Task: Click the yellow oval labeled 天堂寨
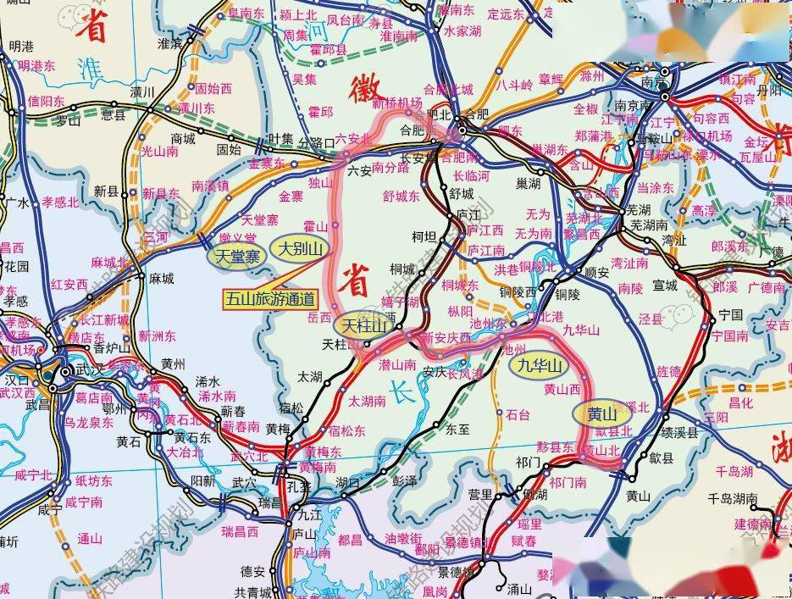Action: [x=235, y=255]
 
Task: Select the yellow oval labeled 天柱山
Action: [x=363, y=325]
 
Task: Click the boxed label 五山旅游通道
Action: [x=269, y=298]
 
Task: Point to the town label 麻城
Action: [x=160, y=278]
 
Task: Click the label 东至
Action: [x=457, y=429]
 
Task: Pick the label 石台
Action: [x=517, y=415]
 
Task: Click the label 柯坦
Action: [x=424, y=236]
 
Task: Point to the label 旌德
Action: [x=668, y=372]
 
